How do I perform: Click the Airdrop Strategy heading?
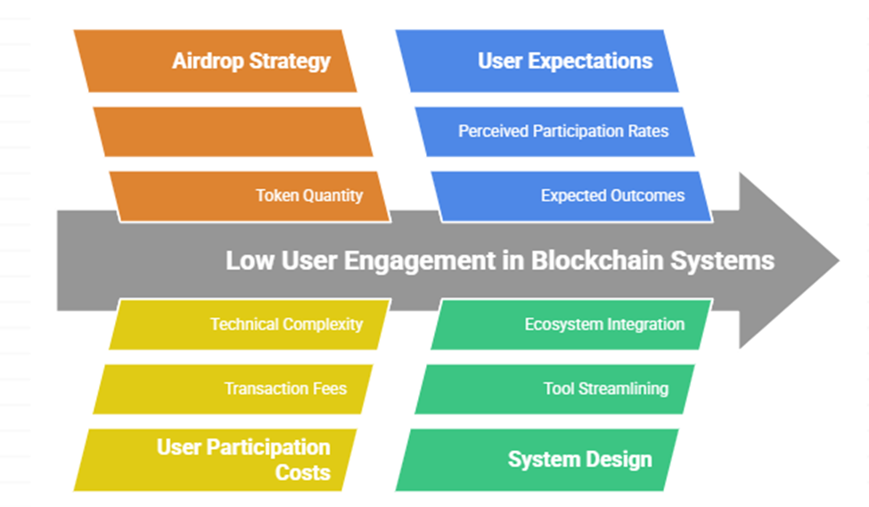(x=250, y=61)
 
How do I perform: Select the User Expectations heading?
(x=564, y=61)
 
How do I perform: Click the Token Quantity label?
(x=308, y=195)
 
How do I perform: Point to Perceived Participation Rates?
(x=562, y=131)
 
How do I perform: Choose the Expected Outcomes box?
(x=612, y=195)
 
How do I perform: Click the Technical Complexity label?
(x=286, y=323)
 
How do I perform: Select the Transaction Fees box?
(x=285, y=388)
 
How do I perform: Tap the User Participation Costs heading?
(x=242, y=459)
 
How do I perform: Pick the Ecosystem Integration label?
(x=603, y=323)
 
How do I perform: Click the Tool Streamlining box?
(x=605, y=388)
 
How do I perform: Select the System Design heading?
(x=579, y=460)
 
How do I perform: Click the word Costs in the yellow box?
(x=302, y=472)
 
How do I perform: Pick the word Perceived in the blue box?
(x=489, y=131)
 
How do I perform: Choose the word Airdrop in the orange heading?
(x=207, y=61)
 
